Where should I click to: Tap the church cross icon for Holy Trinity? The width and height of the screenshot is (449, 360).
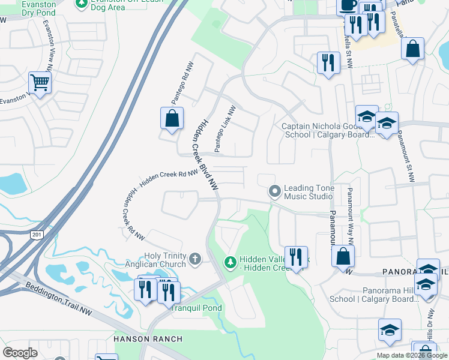(x=194, y=259)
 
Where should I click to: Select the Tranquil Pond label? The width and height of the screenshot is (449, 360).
(x=196, y=308)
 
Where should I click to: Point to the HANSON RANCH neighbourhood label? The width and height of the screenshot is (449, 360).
(x=148, y=339)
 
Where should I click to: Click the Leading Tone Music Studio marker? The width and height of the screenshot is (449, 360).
(x=275, y=192)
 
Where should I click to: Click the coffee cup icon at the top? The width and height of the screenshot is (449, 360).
(x=347, y=5)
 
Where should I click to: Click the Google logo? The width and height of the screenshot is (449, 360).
(x=20, y=352)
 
